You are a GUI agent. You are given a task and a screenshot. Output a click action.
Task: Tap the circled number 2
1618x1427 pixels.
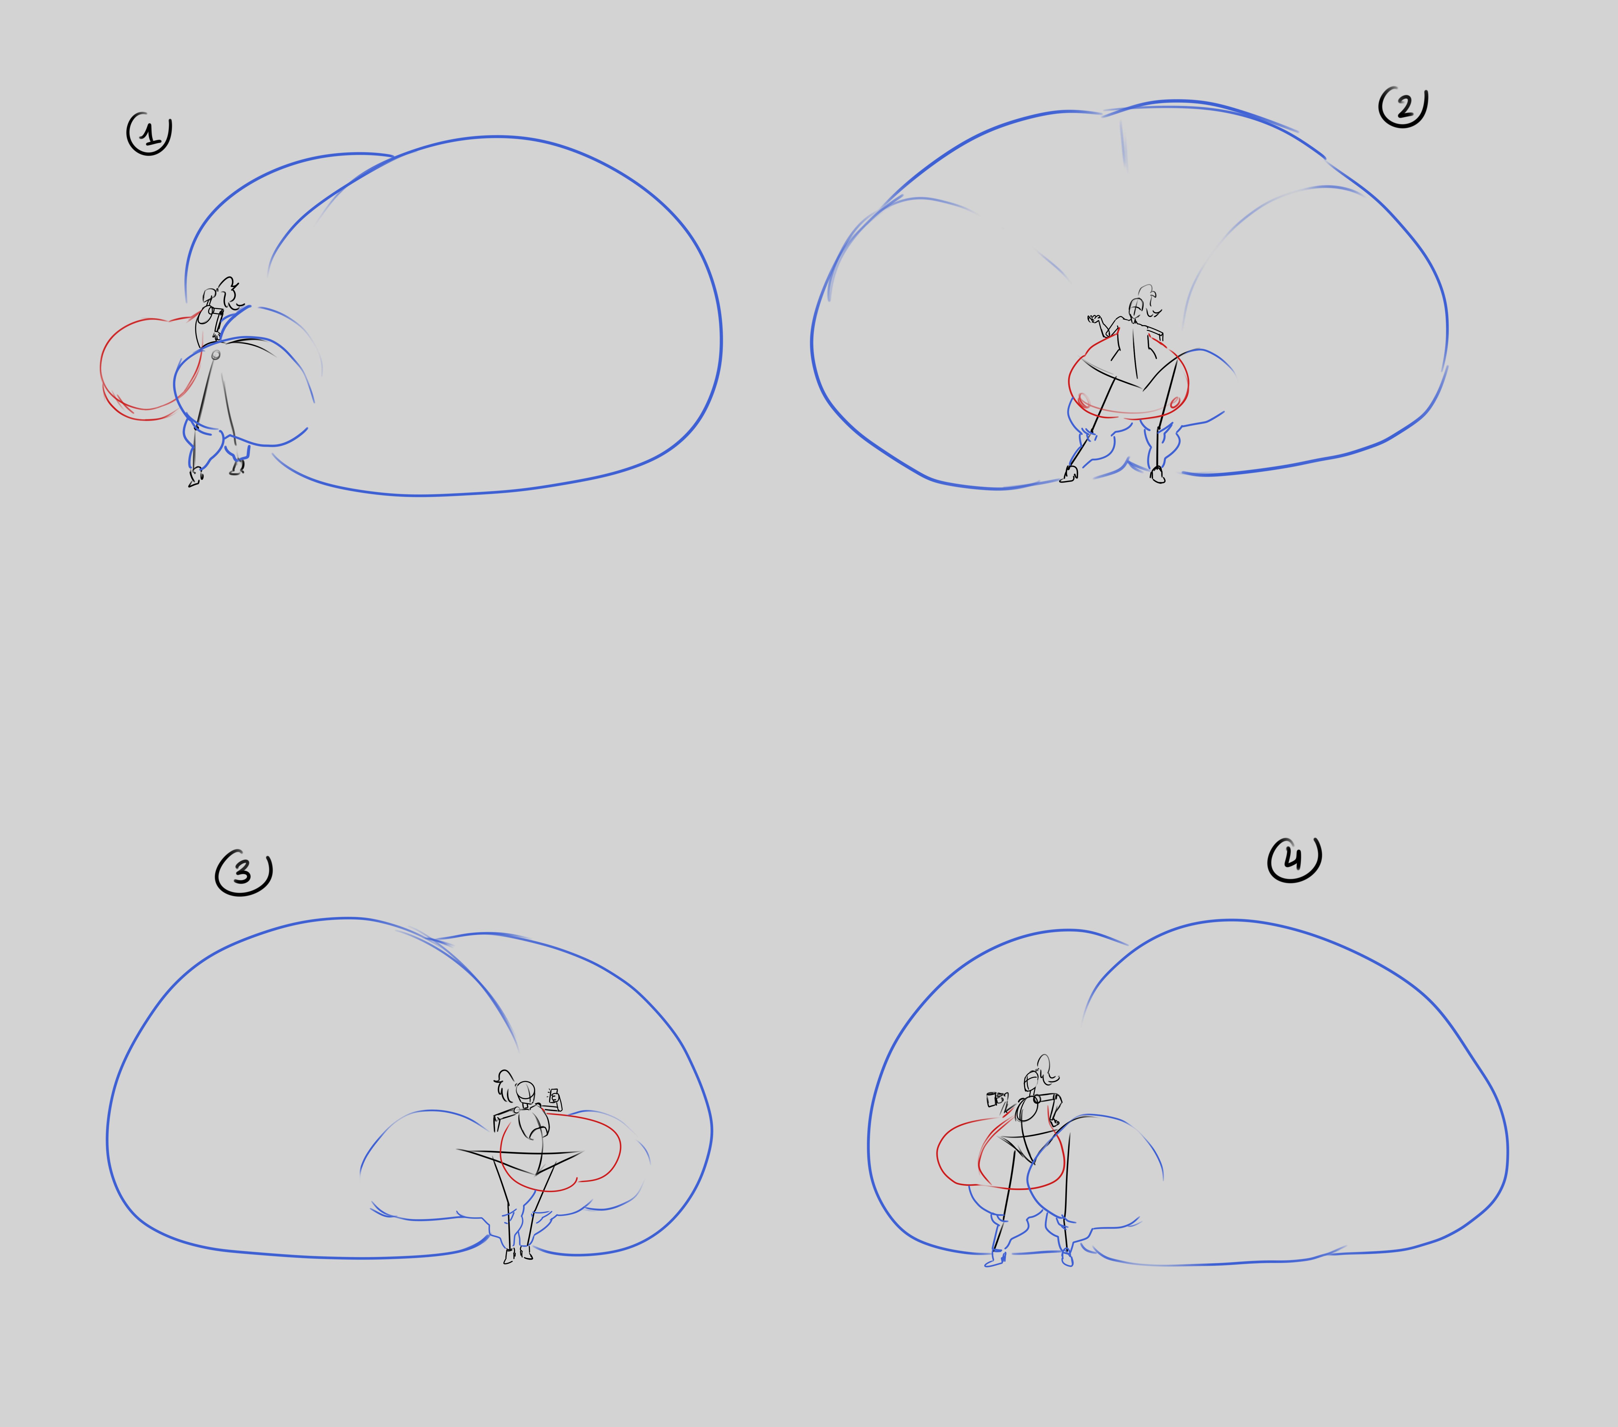pos(1404,107)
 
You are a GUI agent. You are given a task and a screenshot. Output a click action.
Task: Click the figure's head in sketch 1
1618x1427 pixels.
pos(210,297)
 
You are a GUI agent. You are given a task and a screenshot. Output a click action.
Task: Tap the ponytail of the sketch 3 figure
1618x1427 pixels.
pos(506,1086)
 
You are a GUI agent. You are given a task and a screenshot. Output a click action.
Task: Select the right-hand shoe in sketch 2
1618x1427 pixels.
pos(1157,475)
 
